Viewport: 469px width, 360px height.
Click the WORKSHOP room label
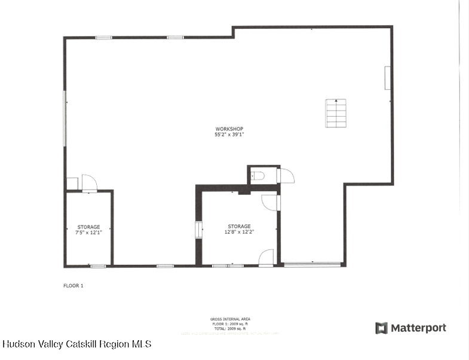(229, 129)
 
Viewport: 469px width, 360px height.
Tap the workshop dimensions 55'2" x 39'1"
(229, 135)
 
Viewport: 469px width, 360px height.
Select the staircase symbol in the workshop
(336, 112)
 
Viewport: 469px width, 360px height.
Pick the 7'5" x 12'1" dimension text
(88, 232)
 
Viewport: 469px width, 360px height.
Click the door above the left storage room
(90, 183)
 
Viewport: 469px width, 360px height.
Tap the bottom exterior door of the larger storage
(266, 258)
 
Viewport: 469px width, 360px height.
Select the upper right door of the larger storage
(270, 202)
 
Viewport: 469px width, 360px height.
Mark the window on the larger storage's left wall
(199, 230)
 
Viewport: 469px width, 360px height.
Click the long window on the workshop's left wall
(65, 117)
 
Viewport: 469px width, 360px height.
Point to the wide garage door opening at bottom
(312, 264)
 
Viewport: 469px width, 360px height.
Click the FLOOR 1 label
(73, 286)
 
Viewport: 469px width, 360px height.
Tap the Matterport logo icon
(381, 328)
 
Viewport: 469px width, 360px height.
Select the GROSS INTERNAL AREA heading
(230, 319)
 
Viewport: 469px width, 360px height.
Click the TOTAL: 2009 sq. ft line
(230, 328)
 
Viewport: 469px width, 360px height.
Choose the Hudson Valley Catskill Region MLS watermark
(76, 344)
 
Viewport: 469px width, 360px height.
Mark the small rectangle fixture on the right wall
(388, 78)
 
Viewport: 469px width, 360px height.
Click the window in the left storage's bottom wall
(98, 266)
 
